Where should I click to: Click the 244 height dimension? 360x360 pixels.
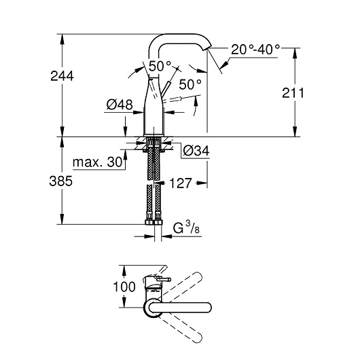(62, 76)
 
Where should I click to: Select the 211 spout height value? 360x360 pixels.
(293, 93)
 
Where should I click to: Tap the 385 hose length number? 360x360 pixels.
(61, 181)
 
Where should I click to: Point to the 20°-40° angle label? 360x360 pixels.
(255, 50)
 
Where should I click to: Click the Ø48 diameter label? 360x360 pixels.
(120, 105)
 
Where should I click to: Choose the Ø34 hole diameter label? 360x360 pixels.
(196, 151)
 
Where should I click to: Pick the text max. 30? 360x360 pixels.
(97, 162)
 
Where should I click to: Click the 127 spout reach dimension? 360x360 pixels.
(180, 183)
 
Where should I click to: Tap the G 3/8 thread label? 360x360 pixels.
(186, 228)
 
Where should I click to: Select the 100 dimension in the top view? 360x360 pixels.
(124, 287)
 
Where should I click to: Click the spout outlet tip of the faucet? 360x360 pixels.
(206, 48)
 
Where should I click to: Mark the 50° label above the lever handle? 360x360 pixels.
(160, 67)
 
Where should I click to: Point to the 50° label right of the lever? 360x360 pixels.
(190, 84)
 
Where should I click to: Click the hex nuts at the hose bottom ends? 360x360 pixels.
(154, 222)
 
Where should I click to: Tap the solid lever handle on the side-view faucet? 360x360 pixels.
(166, 88)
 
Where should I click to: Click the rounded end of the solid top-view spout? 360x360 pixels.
(207, 308)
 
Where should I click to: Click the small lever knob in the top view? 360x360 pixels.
(164, 279)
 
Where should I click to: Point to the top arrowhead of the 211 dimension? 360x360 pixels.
(295, 53)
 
